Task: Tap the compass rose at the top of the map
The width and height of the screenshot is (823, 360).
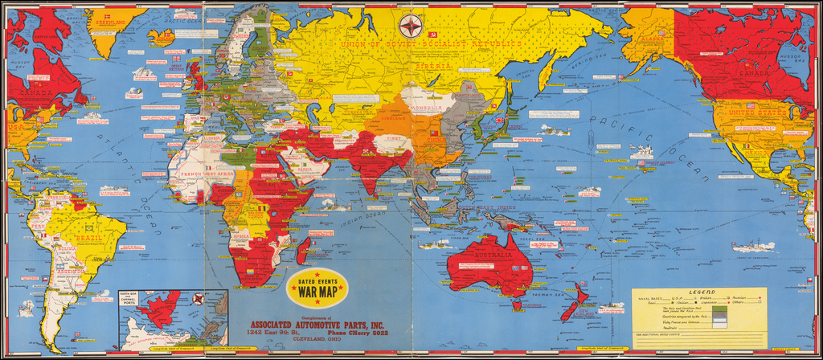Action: click(411, 26)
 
